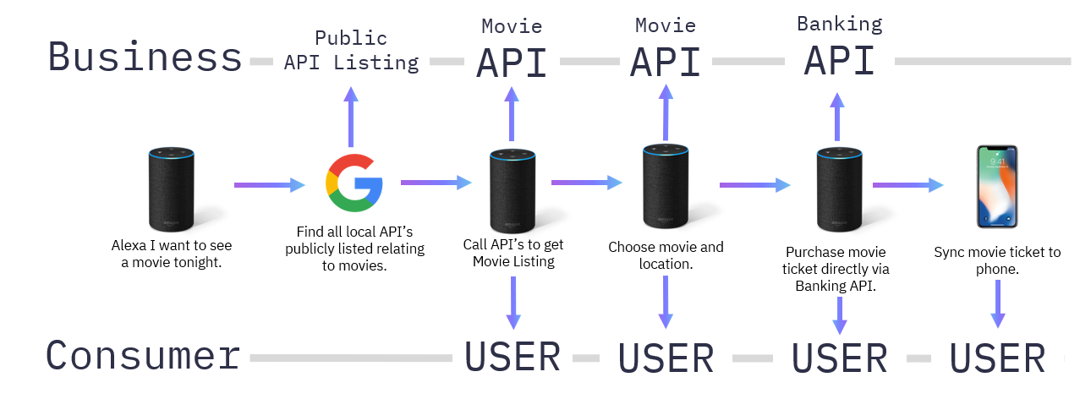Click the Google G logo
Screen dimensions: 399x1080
coord(354,183)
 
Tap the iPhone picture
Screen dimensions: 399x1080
coord(996,186)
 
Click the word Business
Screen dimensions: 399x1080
coord(145,57)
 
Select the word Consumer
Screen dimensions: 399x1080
coord(143,356)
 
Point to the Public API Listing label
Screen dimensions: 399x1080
coord(351,51)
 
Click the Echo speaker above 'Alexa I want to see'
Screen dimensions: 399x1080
coord(172,189)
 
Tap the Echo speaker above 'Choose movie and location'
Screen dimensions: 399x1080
coord(666,185)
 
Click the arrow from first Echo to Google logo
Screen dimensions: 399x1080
coord(269,184)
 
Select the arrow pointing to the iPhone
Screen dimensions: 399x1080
coord(907,184)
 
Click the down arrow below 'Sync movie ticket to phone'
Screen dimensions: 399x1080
coord(998,303)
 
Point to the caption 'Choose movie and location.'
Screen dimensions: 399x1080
coord(666,255)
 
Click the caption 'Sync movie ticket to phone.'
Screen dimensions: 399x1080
coord(997,260)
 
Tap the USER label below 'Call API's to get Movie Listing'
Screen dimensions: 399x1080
coord(513,357)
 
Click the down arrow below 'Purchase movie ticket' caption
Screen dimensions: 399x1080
coord(839,314)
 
